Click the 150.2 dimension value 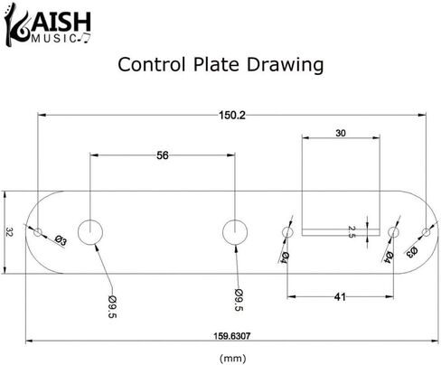(x=232, y=115)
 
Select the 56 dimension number (x=163, y=155)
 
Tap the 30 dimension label (x=341, y=133)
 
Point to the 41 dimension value (x=340, y=297)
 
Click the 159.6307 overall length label (x=232, y=336)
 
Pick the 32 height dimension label (x=9, y=232)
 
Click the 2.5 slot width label (x=352, y=232)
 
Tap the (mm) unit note (x=232, y=358)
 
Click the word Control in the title (x=151, y=64)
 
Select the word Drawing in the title (x=285, y=65)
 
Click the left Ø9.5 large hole (x=90, y=232)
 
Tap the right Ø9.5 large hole (x=235, y=232)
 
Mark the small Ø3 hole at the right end (x=427, y=232)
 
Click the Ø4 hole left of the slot (x=287, y=232)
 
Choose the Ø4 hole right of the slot (x=393, y=232)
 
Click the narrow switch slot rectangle (x=341, y=232)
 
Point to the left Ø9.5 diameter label (x=112, y=306)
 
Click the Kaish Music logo (x=48, y=24)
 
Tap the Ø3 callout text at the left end (x=61, y=240)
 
